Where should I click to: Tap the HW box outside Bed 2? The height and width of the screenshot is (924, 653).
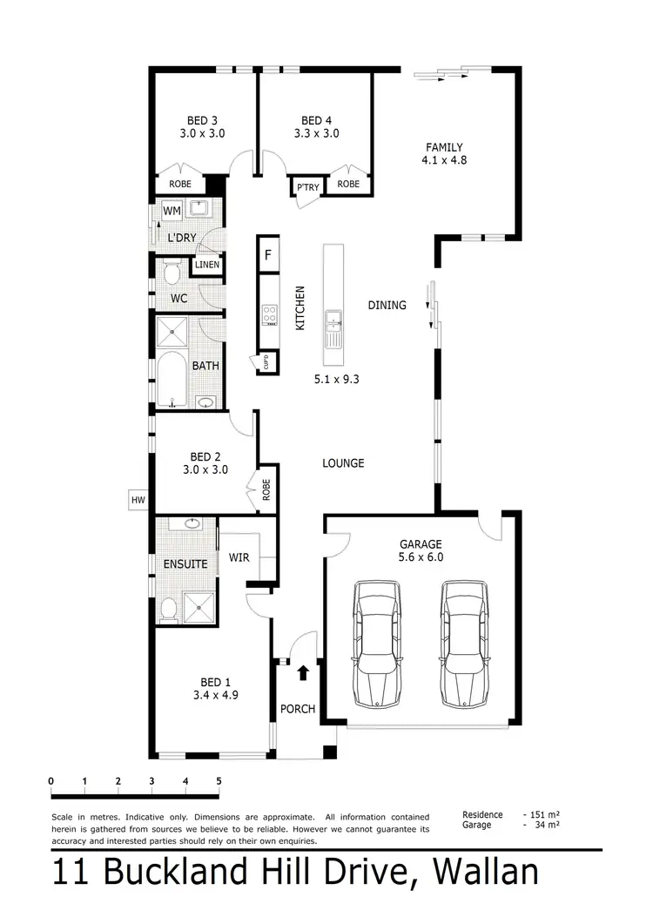[138, 500]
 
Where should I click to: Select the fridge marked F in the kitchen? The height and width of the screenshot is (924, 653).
[268, 256]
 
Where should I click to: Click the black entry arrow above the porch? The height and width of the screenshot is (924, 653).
[303, 672]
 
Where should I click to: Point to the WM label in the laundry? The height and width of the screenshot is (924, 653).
[172, 211]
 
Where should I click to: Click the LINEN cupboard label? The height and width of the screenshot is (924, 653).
[206, 265]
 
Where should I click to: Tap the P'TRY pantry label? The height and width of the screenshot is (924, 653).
[306, 187]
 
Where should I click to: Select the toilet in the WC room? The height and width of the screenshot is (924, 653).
[171, 274]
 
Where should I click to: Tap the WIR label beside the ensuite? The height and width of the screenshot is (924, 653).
[239, 556]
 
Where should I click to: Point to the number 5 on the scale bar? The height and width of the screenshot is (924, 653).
[219, 779]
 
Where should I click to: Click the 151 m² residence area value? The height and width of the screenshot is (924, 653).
[544, 814]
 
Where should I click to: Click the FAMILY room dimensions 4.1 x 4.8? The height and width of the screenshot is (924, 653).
[443, 160]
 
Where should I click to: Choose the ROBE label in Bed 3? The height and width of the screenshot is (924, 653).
[180, 185]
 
